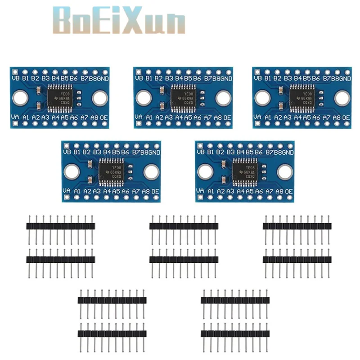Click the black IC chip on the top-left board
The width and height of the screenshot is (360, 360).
pos(60,98)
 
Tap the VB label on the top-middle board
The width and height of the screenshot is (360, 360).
pos(139,78)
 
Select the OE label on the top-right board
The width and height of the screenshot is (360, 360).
pos(346,117)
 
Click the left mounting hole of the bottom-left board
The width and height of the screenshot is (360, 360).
pos(71,171)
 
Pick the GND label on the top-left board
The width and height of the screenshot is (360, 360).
pos(102,78)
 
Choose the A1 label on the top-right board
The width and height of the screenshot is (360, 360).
pos(268,117)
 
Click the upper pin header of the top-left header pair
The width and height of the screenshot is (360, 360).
pos(61,226)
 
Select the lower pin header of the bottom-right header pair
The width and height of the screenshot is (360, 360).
pos(235,333)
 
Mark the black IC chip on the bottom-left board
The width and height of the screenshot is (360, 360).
pos(110,171)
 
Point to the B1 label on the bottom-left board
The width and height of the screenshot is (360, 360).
pos(76,152)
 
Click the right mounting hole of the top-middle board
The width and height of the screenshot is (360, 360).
pos(223,98)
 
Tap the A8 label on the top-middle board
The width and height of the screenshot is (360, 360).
pos(217,117)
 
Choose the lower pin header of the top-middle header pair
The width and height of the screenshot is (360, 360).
pos(184,259)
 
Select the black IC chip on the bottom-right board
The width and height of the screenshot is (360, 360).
pos(244,171)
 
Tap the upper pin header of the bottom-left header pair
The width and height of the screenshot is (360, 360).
pos(112,300)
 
